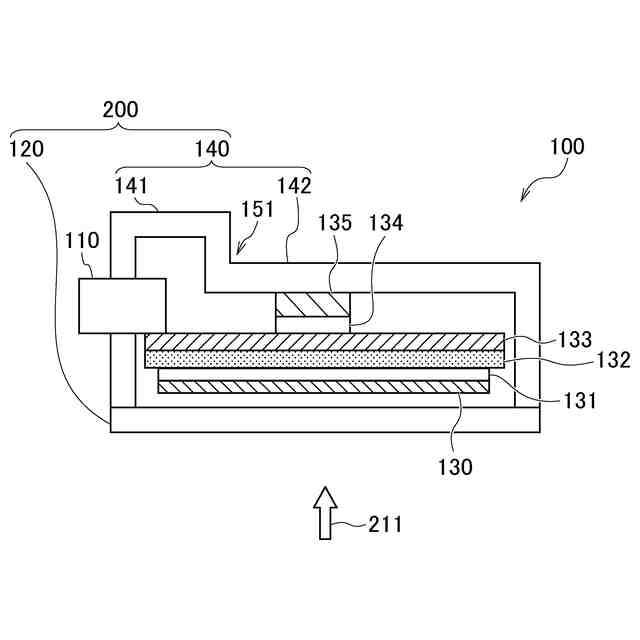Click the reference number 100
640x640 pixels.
click(567, 146)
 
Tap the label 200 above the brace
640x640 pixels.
click(120, 110)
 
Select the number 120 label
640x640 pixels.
click(26, 150)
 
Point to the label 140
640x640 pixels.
click(210, 150)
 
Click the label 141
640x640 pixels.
click(132, 186)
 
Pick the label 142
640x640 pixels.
click(294, 186)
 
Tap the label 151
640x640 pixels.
click(257, 211)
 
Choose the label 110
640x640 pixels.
click(83, 240)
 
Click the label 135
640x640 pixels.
click(335, 223)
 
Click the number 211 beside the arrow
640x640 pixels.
click(385, 523)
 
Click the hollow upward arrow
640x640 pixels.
click(323, 511)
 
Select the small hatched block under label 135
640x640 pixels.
click(313, 303)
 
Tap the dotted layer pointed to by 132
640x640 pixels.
click(325, 358)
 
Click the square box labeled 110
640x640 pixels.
click(122, 305)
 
